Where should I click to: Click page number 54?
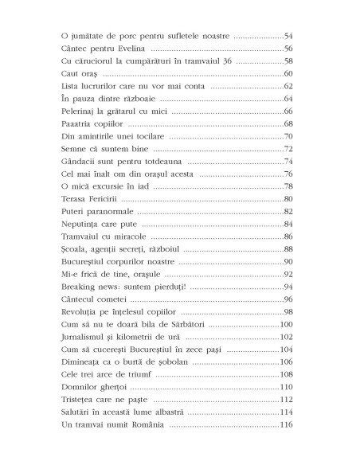pyautogui.click(x=288, y=37)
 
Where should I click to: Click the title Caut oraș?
pyautogui.click(x=80, y=73)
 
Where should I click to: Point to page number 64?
pyautogui.click(x=288, y=99)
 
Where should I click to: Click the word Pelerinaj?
pyautogui.click(x=82, y=111)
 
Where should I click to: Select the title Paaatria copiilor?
pyautogui.click(x=92, y=123)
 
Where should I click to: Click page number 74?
pyautogui.click(x=288, y=161)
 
